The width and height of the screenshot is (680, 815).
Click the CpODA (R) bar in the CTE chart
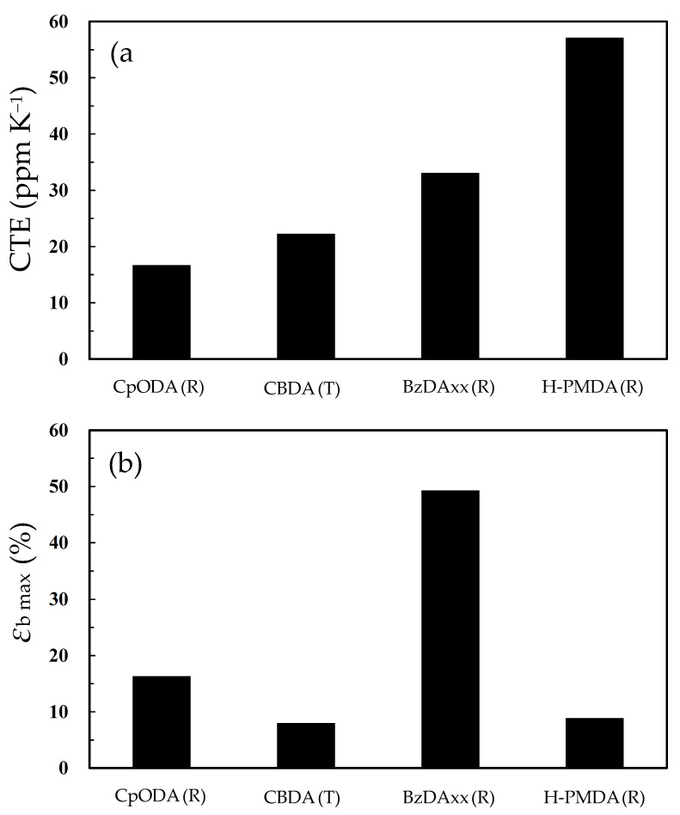coord(162,312)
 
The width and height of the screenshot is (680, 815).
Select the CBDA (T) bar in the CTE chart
coord(306,297)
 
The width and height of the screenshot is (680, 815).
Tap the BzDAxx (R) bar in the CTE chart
coord(450,266)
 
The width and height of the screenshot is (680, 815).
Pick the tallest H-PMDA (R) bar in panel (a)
coord(595,199)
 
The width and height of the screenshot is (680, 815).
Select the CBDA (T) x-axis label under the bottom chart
coord(306,795)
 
